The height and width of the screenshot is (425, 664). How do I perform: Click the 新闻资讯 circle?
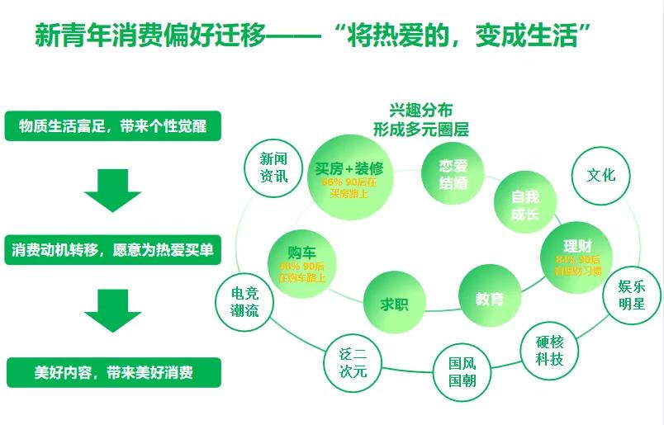(274, 168)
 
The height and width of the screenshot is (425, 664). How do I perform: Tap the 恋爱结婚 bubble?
(453, 174)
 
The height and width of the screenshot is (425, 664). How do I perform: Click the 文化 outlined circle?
(600, 176)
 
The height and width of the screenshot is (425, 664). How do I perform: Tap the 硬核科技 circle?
(549, 350)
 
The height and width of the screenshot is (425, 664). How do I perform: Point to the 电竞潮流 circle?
(244, 300)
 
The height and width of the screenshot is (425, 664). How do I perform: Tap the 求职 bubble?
(394, 303)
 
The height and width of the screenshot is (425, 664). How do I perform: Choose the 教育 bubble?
(489, 297)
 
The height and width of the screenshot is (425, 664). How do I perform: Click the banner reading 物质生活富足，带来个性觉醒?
(113, 125)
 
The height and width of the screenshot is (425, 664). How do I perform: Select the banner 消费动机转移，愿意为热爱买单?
(113, 249)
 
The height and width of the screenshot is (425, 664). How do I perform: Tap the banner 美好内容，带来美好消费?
(113, 372)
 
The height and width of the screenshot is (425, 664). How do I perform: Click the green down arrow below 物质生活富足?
(113, 189)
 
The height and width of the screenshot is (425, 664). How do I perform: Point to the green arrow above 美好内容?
(113, 309)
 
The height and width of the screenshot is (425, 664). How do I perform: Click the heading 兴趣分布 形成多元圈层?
(420, 120)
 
